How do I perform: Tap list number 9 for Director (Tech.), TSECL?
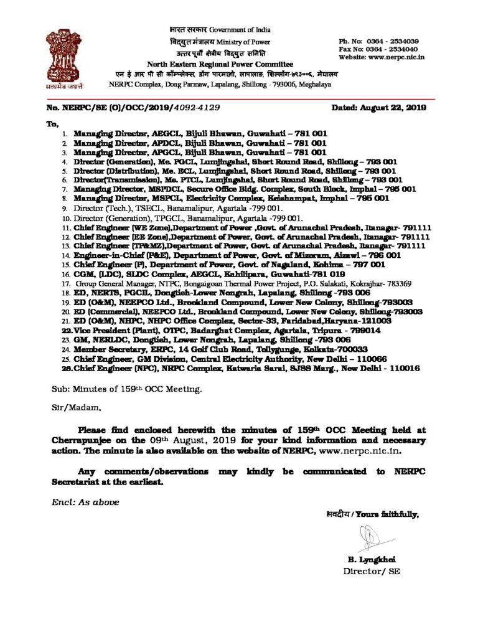click(x=67, y=207)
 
